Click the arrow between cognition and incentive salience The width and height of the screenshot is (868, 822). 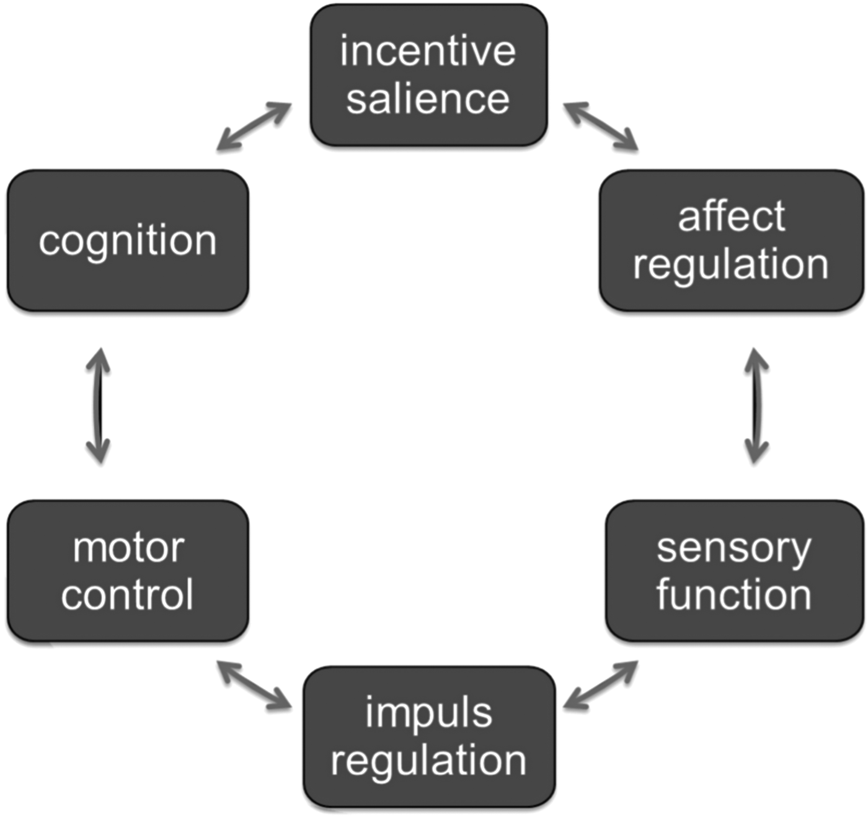(x=254, y=127)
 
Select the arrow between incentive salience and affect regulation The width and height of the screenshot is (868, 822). (x=601, y=127)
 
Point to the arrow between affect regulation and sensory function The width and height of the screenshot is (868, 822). (x=756, y=406)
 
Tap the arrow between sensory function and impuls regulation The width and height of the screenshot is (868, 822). (x=601, y=685)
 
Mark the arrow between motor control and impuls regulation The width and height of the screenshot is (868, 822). (x=254, y=685)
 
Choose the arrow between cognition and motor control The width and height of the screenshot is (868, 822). (x=98, y=406)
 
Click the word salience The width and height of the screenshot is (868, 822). (x=428, y=99)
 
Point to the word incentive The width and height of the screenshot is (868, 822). (x=428, y=51)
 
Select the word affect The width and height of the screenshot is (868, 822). (x=732, y=217)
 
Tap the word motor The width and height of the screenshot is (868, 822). (x=128, y=548)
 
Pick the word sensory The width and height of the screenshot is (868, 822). (x=734, y=549)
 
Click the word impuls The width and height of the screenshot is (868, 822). (x=428, y=713)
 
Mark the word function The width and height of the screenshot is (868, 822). (x=734, y=594)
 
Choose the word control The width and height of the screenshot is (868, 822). (x=128, y=594)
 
